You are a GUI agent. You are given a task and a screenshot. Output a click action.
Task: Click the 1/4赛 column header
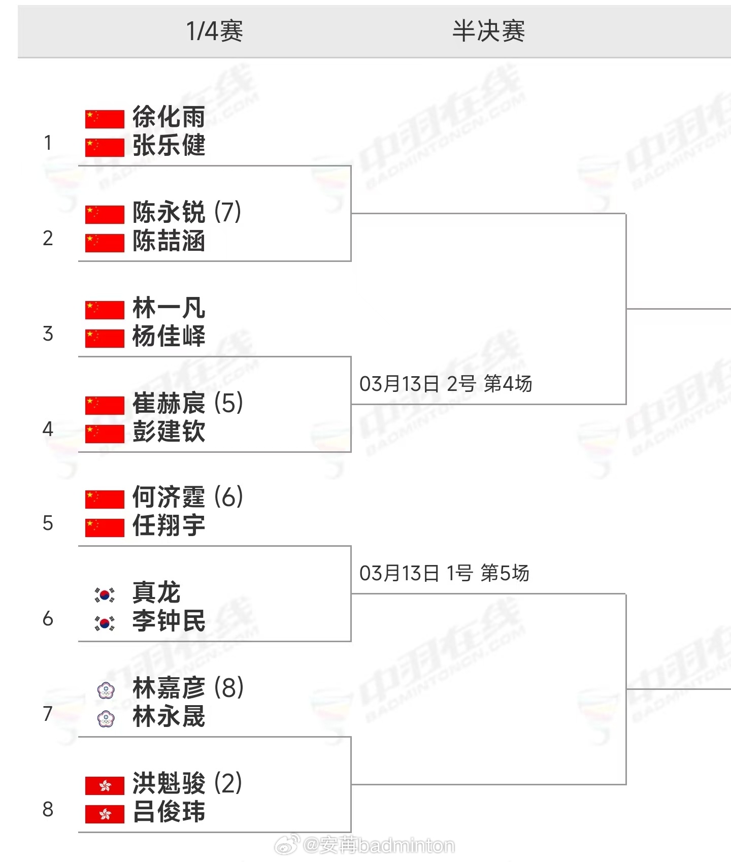click(x=215, y=31)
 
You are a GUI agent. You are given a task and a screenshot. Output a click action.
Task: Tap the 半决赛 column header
click(x=488, y=31)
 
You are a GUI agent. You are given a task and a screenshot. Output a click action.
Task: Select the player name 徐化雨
click(x=169, y=117)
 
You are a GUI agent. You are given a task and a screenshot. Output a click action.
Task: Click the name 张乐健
click(x=169, y=146)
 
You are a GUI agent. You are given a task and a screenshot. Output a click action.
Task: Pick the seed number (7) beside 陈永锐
click(x=227, y=212)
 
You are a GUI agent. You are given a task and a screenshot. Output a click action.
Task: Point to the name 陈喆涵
click(x=169, y=241)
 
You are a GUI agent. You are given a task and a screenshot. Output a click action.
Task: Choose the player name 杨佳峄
click(x=169, y=336)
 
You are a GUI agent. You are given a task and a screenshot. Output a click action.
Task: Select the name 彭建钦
click(x=169, y=432)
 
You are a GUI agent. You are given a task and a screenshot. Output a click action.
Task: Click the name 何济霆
click(x=169, y=497)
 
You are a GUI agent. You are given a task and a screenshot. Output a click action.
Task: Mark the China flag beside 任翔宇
click(x=105, y=527)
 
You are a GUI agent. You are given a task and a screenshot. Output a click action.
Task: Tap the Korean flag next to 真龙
click(x=105, y=594)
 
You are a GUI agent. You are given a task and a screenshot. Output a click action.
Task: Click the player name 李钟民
click(x=169, y=621)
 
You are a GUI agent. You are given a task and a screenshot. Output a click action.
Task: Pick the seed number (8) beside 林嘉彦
click(x=228, y=688)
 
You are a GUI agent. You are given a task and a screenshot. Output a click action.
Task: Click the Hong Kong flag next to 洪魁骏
click(x=105, y=786)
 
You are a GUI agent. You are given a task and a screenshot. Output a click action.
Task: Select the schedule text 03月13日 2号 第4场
click(x=445, y=384)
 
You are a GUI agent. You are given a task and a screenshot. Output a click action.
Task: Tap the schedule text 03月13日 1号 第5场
click(x=444, y=573)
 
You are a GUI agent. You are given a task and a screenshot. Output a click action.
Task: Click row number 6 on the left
click(x=48, y=618)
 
